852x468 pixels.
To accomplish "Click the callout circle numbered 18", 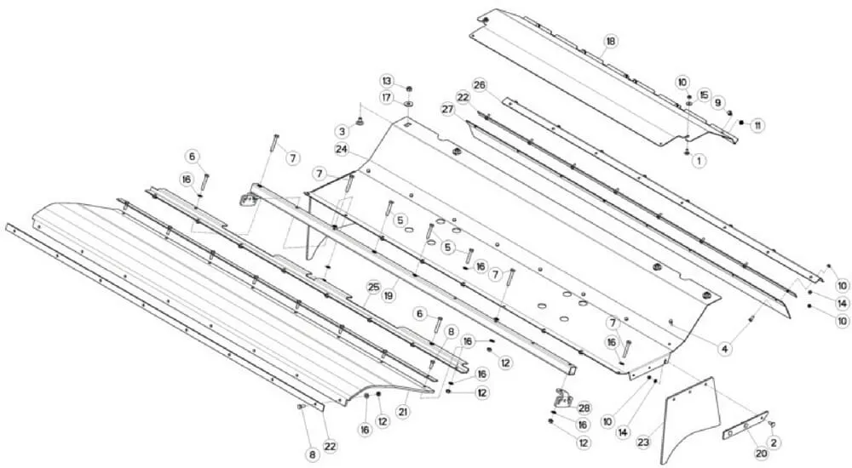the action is pyautogui.click(x=611, y=41).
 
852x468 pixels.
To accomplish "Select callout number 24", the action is pyautogui.click(x=342, y=149).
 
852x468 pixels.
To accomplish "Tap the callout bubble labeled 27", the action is pyautogui.click(x=448, y=109).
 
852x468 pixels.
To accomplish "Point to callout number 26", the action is pyautogui.click(x=480, y=85).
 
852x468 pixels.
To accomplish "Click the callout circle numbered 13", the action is pyautogui.click(x=386, y=82).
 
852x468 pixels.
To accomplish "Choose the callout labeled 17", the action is pyautogui.click(x=386, y=98).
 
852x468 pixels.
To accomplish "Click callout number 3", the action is pyautogui.click(x=343, y=131).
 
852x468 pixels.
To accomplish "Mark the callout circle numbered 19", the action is pyautogui.click(x=389, y=296).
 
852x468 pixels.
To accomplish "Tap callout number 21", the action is pyautogui.click(x=403, y=412).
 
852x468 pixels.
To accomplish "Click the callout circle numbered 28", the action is pyautogui.click(x=584, y=408).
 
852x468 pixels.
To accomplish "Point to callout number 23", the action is pyautogui.click(x=643, y=442).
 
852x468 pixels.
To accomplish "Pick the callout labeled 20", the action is pyautogui.click(x=761, y=454).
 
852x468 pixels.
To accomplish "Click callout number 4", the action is pyautogui.click(x=724, y=350).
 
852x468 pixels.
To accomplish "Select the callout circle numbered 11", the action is pyautogui.click(x=757, y=125).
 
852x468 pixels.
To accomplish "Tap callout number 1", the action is pyautogui.click(x=699, y=161).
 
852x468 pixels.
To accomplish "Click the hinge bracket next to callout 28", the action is pyautogui.click(x=563, y=399).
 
